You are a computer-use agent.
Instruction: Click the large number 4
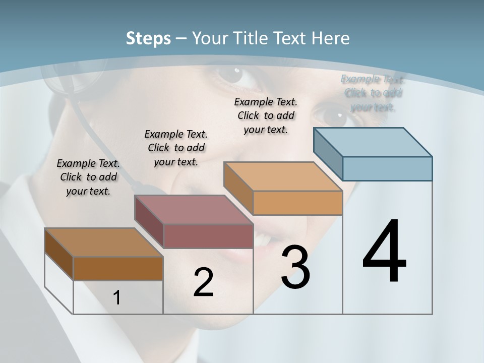pyautogui.click(x=384, y=252)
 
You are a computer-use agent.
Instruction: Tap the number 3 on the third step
pyautogui.click(x=295, y=267)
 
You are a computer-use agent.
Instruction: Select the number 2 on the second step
pyautogui.click(x=203, y=282)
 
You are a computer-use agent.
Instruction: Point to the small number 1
pyautogui.click(x=117, y=297)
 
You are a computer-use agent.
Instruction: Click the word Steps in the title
pyautogui.click(x=148, y=38)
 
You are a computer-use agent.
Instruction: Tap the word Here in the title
pyautogui.click(x=331, y=38)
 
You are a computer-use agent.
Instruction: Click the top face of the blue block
pyautogui.click(x=373, y=142)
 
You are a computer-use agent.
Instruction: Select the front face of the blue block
pyautogui.click(x=387, y=168)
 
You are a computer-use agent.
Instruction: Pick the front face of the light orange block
pyautogui.click(x=297, y=203)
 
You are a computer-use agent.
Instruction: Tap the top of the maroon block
pyautogui.click(x=194, y=210)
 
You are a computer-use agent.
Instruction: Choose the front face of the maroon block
pyautogui.click(x=208, y=236)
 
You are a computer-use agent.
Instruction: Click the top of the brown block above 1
pyautogui.click(x=104, y=243)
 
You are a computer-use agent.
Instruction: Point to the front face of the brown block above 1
pyautogui.click(x=118, y=269)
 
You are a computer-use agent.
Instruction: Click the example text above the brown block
pyautogui.click(x=88, y=177)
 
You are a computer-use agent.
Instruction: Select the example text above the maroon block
pyautogui.click(x=176, y=148)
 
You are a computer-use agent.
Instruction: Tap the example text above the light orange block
pyautogui.click(x=266, y=115)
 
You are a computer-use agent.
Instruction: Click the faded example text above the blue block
pyautogui.click(x=373, y=93)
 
